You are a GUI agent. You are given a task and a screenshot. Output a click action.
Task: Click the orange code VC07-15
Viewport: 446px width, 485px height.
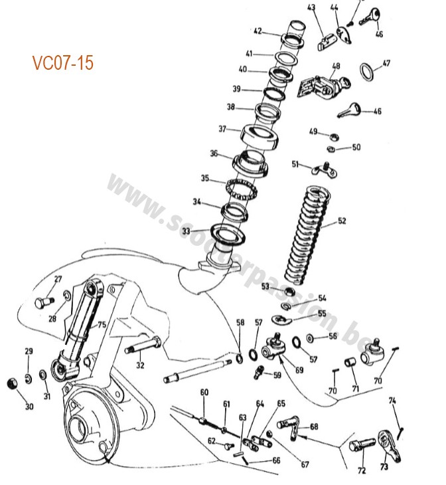[x=63, y=63]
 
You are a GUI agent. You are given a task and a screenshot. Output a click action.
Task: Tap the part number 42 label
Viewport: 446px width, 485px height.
[x=258, y=30]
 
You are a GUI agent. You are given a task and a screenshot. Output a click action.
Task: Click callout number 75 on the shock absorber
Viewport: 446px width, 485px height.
[x=102, y=324]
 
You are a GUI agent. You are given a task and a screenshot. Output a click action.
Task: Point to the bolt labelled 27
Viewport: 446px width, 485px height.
[x=43, y=304]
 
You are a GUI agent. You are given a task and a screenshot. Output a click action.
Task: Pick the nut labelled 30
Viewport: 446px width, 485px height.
[x=11, y=384]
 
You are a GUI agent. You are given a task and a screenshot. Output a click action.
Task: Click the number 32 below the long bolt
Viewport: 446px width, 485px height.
[x=140, y=365]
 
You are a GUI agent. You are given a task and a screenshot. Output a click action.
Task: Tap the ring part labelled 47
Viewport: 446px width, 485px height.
[x=366, y=70]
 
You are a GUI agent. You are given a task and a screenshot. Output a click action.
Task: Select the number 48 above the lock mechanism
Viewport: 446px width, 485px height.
[x=336, y=66]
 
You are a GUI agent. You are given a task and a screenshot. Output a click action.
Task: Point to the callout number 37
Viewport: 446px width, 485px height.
[x=223, y=129]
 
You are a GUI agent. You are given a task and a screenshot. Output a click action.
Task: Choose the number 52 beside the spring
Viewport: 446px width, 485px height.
[x=342, y=221]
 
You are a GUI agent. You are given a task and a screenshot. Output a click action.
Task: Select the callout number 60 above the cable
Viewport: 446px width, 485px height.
[x=204, y=392]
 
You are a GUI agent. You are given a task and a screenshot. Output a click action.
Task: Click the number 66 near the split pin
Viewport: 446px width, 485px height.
[x=276, y=460]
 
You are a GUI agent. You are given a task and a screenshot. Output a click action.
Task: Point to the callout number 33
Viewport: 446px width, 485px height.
[x=186, y=231]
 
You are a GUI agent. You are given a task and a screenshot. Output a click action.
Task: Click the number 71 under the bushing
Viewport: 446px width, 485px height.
[x=355, y=388]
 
